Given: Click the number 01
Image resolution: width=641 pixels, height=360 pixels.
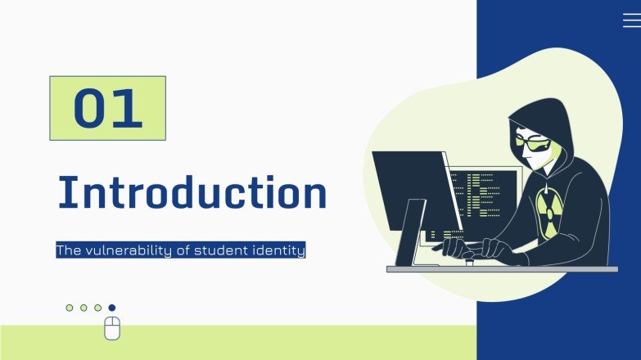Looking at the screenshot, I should tap(108, 108).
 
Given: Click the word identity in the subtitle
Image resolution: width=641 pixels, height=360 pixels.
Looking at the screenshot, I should tap(278, 250).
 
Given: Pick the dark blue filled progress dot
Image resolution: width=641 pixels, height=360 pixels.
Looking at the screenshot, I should tap(112, 308).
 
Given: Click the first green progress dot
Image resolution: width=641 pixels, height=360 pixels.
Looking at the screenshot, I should tap(70, 308).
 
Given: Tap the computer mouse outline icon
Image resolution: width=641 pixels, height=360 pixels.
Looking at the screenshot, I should tap(112, 328).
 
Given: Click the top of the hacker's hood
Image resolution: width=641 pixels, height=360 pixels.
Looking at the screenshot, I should tap(541, 106).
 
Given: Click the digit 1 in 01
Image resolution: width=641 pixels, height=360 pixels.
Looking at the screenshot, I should tap(129, 108).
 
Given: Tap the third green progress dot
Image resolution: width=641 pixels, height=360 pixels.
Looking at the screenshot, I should tap(97, 308).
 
